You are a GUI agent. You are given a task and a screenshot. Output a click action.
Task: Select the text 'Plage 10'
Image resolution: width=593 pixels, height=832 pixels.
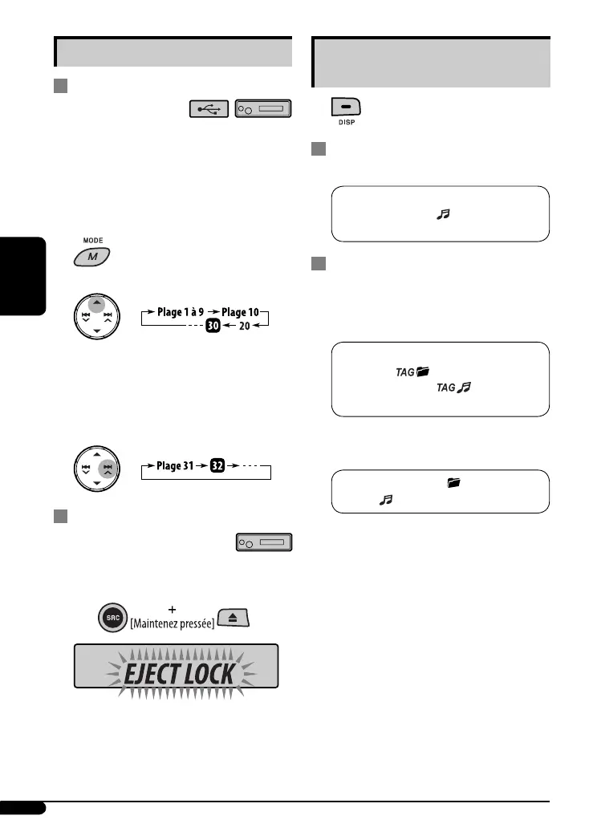point(245,310)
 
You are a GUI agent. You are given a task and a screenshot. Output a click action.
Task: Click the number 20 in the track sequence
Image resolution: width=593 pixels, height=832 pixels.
point(244,327)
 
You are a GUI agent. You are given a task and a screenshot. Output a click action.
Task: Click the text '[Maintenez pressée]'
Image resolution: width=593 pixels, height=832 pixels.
point(173,623)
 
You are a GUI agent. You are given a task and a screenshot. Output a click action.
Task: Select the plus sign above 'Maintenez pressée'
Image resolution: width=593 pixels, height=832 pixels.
point(173,609)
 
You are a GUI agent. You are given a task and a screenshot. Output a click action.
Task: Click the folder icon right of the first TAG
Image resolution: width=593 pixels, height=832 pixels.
point(424,371)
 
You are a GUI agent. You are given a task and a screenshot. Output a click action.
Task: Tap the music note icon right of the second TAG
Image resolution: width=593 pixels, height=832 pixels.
point(465,388)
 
